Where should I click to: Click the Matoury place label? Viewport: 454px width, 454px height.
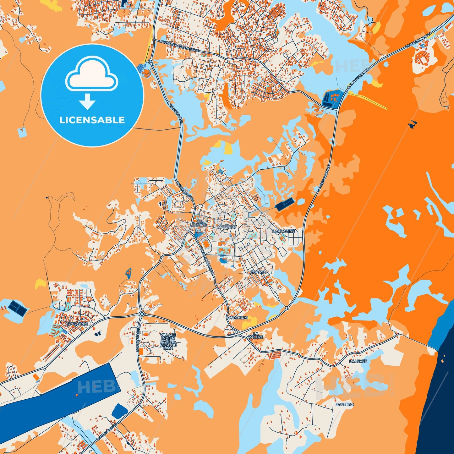[227, 227]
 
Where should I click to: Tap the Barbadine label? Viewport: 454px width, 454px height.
[283, 231]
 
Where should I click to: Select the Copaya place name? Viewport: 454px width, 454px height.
[258, 272]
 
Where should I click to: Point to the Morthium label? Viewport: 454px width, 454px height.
[237, 318]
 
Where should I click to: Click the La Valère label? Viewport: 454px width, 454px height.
[256, 335]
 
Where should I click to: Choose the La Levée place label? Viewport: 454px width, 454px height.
[358, 361]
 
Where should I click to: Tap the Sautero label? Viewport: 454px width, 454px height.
[345, 404]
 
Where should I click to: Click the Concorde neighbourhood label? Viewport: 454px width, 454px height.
[77, 324]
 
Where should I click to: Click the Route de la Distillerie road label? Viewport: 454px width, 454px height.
[179, 46]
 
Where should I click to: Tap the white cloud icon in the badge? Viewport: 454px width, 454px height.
[92, 74]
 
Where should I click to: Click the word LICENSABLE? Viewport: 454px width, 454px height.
[92, 120]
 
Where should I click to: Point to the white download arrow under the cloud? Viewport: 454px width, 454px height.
[87, 101]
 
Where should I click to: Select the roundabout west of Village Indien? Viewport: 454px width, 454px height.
[142, 314]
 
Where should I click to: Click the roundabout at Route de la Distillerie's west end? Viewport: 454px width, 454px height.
[150, 61]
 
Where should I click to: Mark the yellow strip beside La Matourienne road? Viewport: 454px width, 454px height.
[368, 100]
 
